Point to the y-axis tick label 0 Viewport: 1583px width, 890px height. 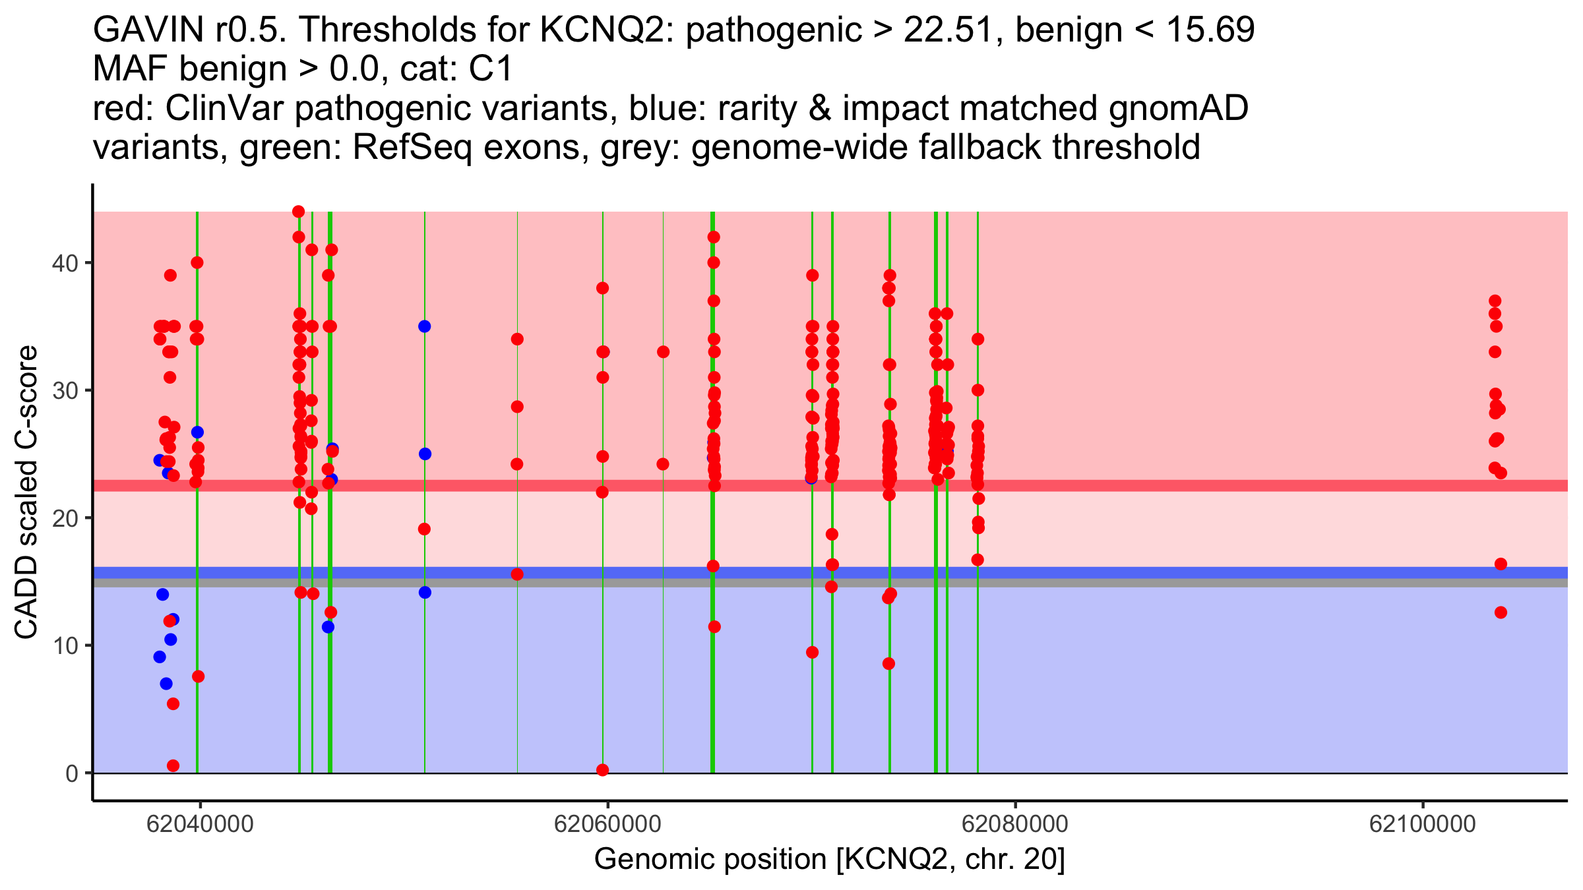71,773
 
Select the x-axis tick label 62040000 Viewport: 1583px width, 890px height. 200,824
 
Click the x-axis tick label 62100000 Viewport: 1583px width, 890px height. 1422,824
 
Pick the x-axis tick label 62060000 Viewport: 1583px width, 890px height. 607,824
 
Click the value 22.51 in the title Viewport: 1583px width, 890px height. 948,30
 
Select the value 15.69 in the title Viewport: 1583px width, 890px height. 1210,30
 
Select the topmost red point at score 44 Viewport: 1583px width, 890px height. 298,212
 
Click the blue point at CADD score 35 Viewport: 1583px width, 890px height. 424,326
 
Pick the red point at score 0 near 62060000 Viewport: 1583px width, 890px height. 602,770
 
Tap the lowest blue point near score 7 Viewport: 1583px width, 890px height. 166,684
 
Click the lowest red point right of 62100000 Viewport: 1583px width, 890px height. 1501,612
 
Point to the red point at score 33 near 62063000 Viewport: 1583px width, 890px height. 663,352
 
